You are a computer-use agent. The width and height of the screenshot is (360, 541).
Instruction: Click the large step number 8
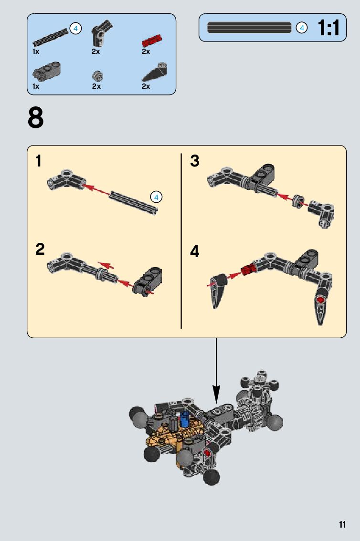pos(36,118)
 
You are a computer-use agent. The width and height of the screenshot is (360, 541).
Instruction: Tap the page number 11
pos(342,524)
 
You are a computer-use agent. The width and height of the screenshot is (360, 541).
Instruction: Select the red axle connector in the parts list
pos(152,40)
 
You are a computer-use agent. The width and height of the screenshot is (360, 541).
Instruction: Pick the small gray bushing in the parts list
pos(98,75)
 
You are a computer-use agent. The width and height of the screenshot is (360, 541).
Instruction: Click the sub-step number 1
pos(39,161)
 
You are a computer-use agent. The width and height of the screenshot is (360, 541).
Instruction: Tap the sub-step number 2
pos(40,250)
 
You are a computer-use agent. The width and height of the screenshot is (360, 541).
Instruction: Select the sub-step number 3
pos(194,161)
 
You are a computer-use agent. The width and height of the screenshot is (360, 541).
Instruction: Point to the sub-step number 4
pos(195,251)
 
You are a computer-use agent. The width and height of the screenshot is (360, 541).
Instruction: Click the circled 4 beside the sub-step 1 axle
pos(156,196)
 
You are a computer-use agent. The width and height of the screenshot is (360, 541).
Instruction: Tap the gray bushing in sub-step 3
pos(298,200)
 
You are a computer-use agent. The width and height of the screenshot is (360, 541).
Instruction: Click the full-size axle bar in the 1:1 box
pos(249,28)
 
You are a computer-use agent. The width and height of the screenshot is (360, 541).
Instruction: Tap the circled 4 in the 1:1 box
pos(301,28)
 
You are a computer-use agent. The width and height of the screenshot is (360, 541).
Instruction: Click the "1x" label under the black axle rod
pos(36,51)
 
